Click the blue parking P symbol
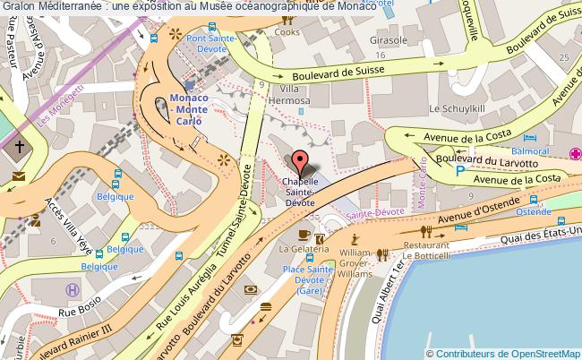(461, 171)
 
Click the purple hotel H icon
(72, 290)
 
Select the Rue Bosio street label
(78, 313)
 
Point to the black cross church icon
(20, 146)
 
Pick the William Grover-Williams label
(355, 264)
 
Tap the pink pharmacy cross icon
(576, 154)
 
